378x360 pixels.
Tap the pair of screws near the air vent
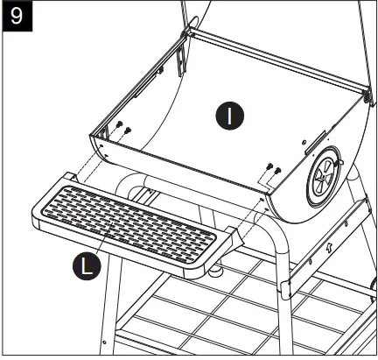pyautogui.click(x=273, y=169)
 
